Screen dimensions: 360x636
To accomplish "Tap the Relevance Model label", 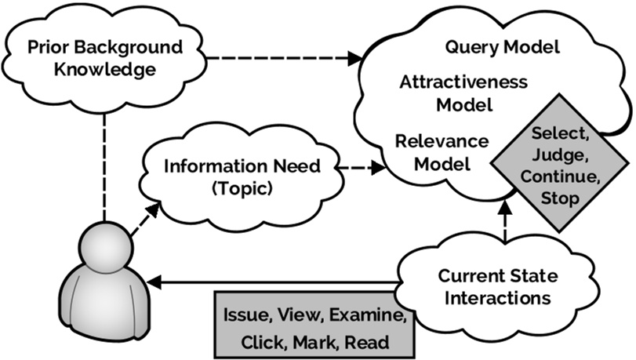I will pos(443,152).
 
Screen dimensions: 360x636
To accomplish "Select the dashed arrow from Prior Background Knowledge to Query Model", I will pos(275,57).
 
